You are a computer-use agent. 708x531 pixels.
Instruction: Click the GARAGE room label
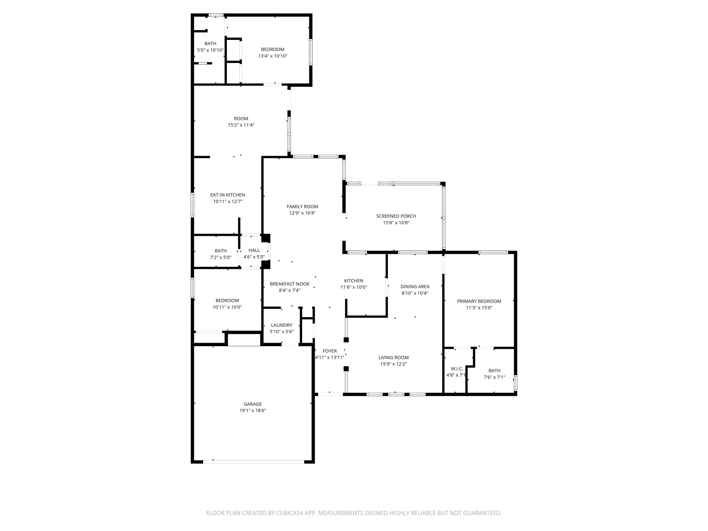coord(253,404)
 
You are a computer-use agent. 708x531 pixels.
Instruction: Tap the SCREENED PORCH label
coord(396,216)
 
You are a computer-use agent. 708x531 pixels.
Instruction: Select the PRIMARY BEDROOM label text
coord(479,301)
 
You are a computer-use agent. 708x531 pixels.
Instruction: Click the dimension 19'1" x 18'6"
coord(253,410)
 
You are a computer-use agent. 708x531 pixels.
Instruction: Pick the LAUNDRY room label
coord(282,325)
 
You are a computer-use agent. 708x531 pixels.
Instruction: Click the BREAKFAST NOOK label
coord(290,284)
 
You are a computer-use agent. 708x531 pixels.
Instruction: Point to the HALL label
coord(254,250)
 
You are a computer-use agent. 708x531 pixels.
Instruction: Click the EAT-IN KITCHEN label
coord(228,195)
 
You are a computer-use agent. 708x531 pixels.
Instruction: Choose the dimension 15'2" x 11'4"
coord(241,125)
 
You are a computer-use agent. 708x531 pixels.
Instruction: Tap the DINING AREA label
coord(415,287)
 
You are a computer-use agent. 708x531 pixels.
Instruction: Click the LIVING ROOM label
coord(393,358)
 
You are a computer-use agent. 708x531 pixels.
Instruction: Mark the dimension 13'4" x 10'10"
coord(273,56)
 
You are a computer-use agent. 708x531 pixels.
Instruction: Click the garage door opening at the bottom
coord(253,462)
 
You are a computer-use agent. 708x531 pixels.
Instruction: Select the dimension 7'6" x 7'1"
coord(494,377)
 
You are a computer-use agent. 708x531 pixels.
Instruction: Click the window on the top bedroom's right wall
coord(311,52)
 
